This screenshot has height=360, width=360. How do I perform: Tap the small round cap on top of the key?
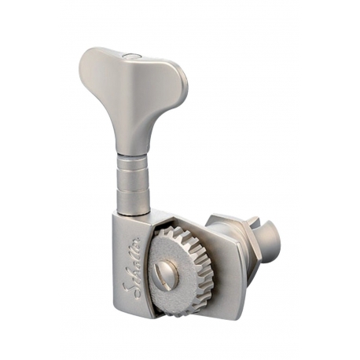[x=132, y=55]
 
